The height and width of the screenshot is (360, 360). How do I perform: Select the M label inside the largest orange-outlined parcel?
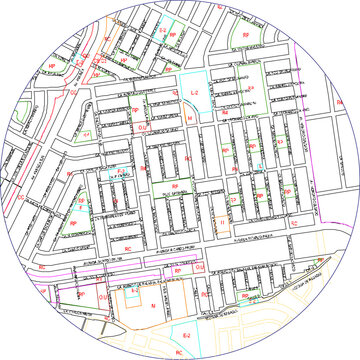point(152,307)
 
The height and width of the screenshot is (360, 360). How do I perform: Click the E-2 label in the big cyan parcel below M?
point(186,336)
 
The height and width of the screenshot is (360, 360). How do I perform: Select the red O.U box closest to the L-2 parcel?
point(143,128)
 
